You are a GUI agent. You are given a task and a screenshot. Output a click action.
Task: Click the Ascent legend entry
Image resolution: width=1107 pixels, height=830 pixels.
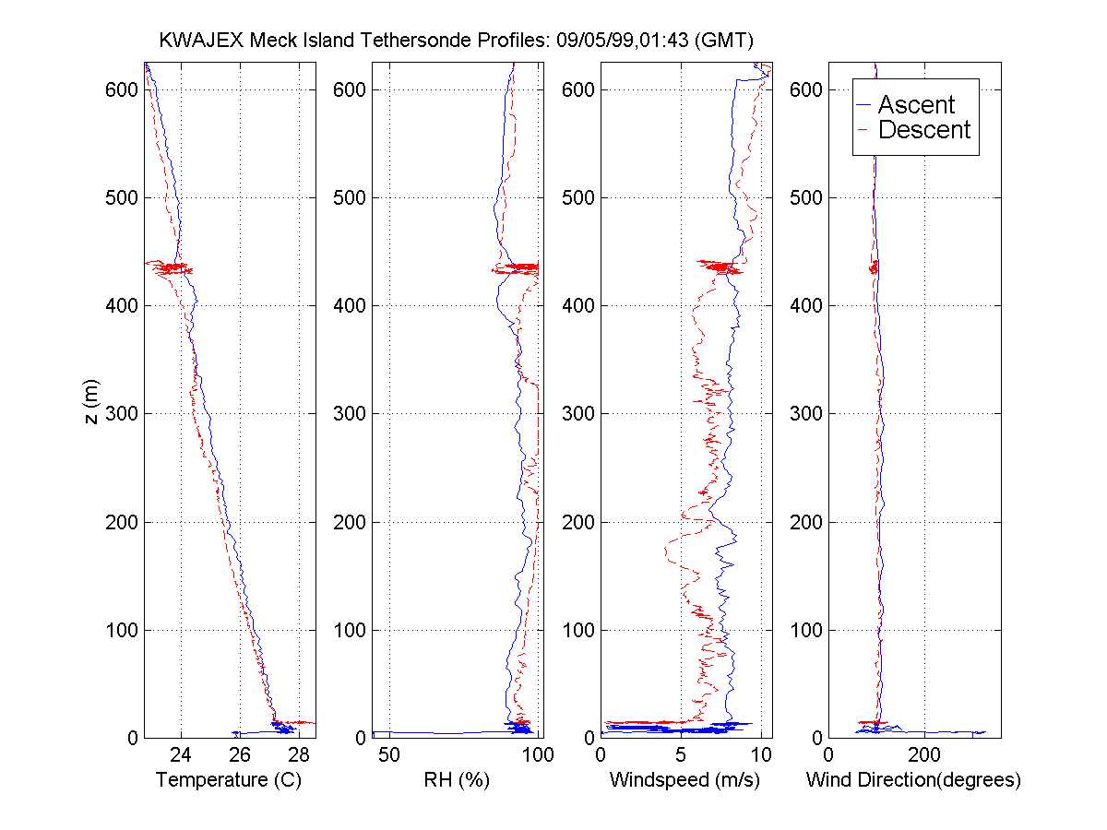[916, 105]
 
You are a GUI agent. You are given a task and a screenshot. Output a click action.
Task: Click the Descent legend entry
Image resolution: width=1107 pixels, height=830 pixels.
[924, 130]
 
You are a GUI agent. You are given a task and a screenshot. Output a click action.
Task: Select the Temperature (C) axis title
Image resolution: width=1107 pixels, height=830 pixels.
[229, 780]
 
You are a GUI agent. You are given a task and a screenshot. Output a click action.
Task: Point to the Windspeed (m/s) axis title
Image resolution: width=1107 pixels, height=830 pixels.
[684, 780]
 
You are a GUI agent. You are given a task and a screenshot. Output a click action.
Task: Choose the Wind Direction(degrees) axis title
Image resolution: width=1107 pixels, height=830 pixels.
[913, 780]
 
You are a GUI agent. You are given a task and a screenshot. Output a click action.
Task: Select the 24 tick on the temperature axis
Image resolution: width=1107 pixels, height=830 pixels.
[181, 755]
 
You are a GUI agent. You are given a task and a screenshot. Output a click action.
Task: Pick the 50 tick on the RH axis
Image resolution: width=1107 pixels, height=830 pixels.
[390, 755]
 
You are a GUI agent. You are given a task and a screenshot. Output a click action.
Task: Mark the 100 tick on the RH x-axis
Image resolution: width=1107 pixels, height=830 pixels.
[538, 755]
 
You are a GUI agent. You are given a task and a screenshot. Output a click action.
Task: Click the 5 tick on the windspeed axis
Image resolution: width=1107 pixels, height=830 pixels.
[680, 755]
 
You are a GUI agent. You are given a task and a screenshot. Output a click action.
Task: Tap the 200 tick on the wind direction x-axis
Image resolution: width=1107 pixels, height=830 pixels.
[924, 755]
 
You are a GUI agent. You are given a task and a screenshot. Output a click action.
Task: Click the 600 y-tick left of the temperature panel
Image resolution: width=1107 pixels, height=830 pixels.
[122, 89]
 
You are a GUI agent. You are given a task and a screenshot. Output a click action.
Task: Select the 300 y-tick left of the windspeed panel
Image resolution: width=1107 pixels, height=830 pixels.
[578, 414]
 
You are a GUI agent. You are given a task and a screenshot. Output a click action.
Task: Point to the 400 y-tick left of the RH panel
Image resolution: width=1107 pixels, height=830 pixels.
[350, 305]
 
